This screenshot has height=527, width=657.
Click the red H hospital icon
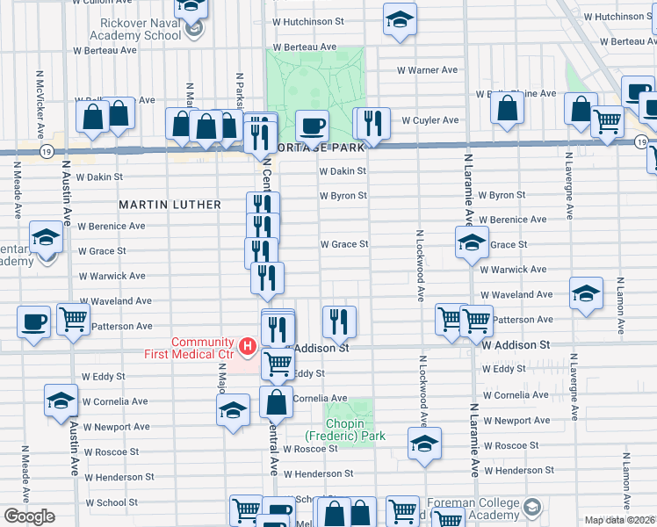click(248, 348)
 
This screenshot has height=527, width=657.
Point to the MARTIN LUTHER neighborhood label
click(170, 205)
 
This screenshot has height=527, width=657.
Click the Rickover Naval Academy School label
click(136, 29)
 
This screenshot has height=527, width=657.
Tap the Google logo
click(29, 516)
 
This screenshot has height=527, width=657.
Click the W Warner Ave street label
click(427, 70)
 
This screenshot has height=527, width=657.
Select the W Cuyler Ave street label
click(430, 120)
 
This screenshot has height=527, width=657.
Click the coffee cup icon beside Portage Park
click(311, 125)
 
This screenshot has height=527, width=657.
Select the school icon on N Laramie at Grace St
click(472, 241)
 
